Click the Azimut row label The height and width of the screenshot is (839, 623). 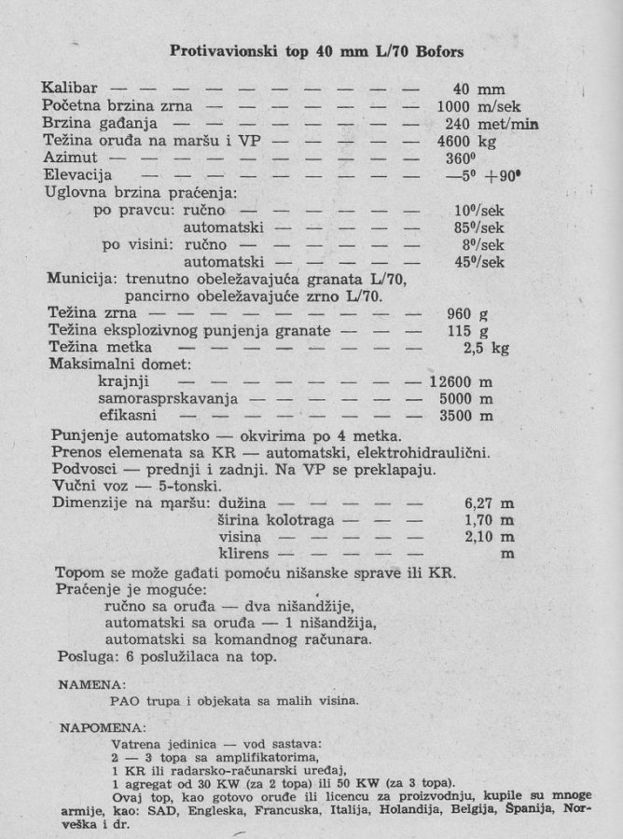tap(70, 158)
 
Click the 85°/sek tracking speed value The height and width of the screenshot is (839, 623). tap(478, 227)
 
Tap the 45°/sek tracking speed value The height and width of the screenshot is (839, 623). tap(478, 261)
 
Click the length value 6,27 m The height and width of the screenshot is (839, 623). tap(490, 504)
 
